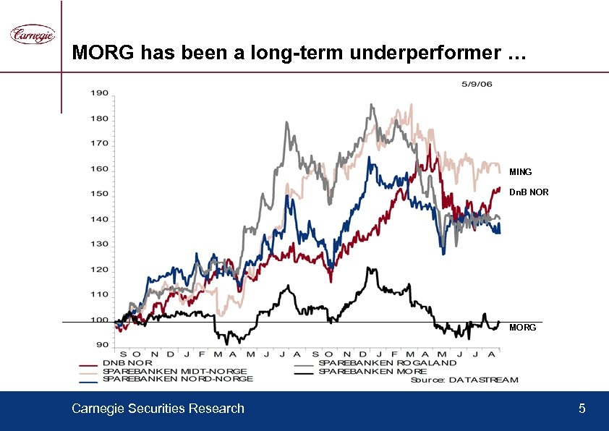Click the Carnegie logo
pos(32,35)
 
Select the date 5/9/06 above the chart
pos(477,84)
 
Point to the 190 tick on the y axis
pos(100,93)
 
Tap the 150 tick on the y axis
pos(100,194)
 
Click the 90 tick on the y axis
pos(102,345)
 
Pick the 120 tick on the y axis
pos(100,270)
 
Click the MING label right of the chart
pos(520,172)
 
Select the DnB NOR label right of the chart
pos(529,193)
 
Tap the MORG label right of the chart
pos(522,328)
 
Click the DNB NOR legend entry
pos(127,363)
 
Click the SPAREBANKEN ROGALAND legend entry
pos(387,363)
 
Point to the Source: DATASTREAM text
pos(464,380)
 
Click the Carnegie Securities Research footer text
pos(158,409)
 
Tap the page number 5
pos(582,409)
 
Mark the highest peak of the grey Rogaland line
pos(372,105)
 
